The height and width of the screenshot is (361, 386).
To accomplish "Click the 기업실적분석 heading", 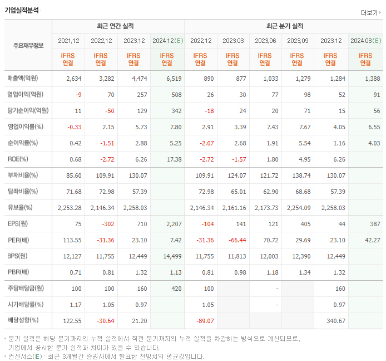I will [22, 10].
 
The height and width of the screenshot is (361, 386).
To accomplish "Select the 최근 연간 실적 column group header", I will [118, 26].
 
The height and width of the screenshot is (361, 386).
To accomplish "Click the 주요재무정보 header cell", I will [28, 45].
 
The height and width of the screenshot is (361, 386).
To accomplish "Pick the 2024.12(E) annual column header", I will [167, 41].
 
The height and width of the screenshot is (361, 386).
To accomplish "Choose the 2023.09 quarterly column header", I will [298, 41].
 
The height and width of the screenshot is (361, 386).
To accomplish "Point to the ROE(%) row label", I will [19, 159].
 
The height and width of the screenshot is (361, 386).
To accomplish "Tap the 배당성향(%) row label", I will [23, 321].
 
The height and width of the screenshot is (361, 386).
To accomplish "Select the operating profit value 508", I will [176, 95].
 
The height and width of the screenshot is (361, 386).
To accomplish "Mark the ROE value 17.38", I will [174, 159].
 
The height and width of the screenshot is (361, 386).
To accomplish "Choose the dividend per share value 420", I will [176, 289].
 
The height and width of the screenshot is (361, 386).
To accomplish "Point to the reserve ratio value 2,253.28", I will [70, 208].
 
